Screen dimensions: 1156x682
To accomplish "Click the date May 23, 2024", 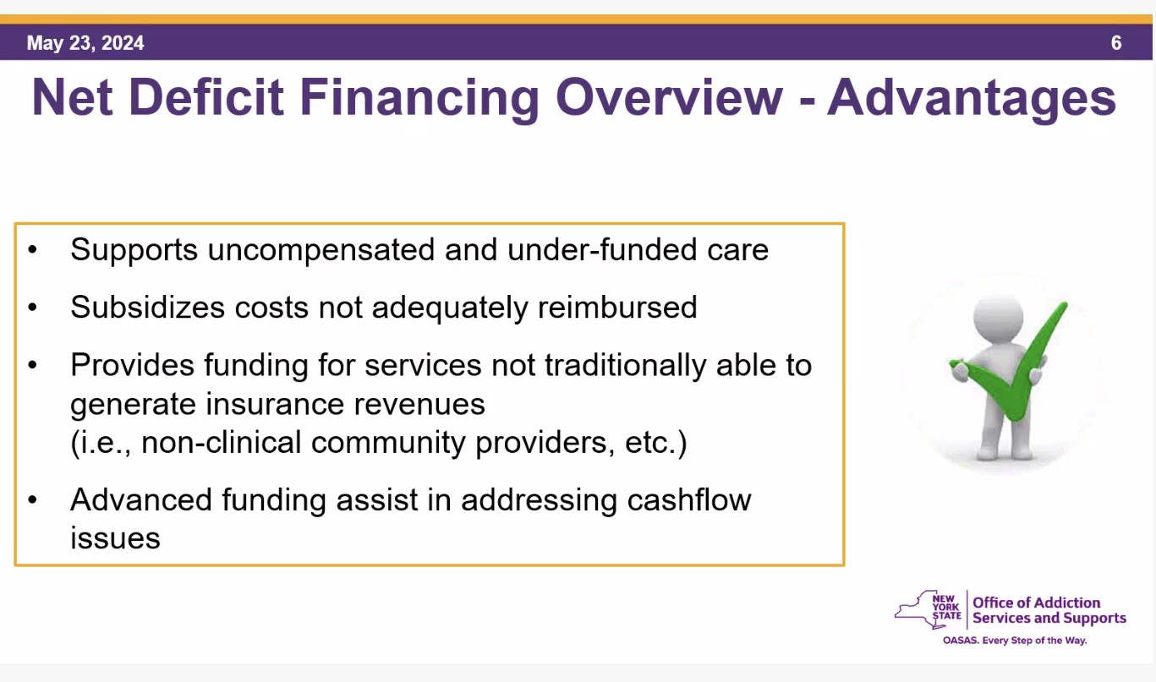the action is (x=85, y=43).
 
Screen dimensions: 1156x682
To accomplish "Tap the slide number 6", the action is (x=1116, y=43).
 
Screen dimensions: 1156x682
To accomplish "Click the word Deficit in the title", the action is (x=205, y=97).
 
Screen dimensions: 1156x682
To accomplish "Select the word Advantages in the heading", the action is (x=972, y=99).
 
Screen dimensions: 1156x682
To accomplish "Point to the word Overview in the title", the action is (x=670, y=97).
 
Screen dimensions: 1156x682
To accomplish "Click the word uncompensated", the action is (x=321, y=251).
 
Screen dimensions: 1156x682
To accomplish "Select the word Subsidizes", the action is (x=148, y=308).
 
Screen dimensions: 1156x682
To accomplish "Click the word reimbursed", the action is (x=617, y=308).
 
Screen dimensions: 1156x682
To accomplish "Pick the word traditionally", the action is (x=626, y=366).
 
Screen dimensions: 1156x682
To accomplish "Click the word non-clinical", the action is (x=221, y=443).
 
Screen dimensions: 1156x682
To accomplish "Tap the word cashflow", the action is (x=689, y=500).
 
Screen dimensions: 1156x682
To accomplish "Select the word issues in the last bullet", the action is (x=115, y=539).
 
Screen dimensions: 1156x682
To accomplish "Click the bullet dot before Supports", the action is (x=32, y=250).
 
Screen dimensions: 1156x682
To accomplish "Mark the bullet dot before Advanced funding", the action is (x=32, y=500).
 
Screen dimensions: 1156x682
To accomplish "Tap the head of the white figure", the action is (x=998, y=317).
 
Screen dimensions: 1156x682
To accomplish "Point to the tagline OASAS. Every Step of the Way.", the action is (x=1015, y=641).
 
